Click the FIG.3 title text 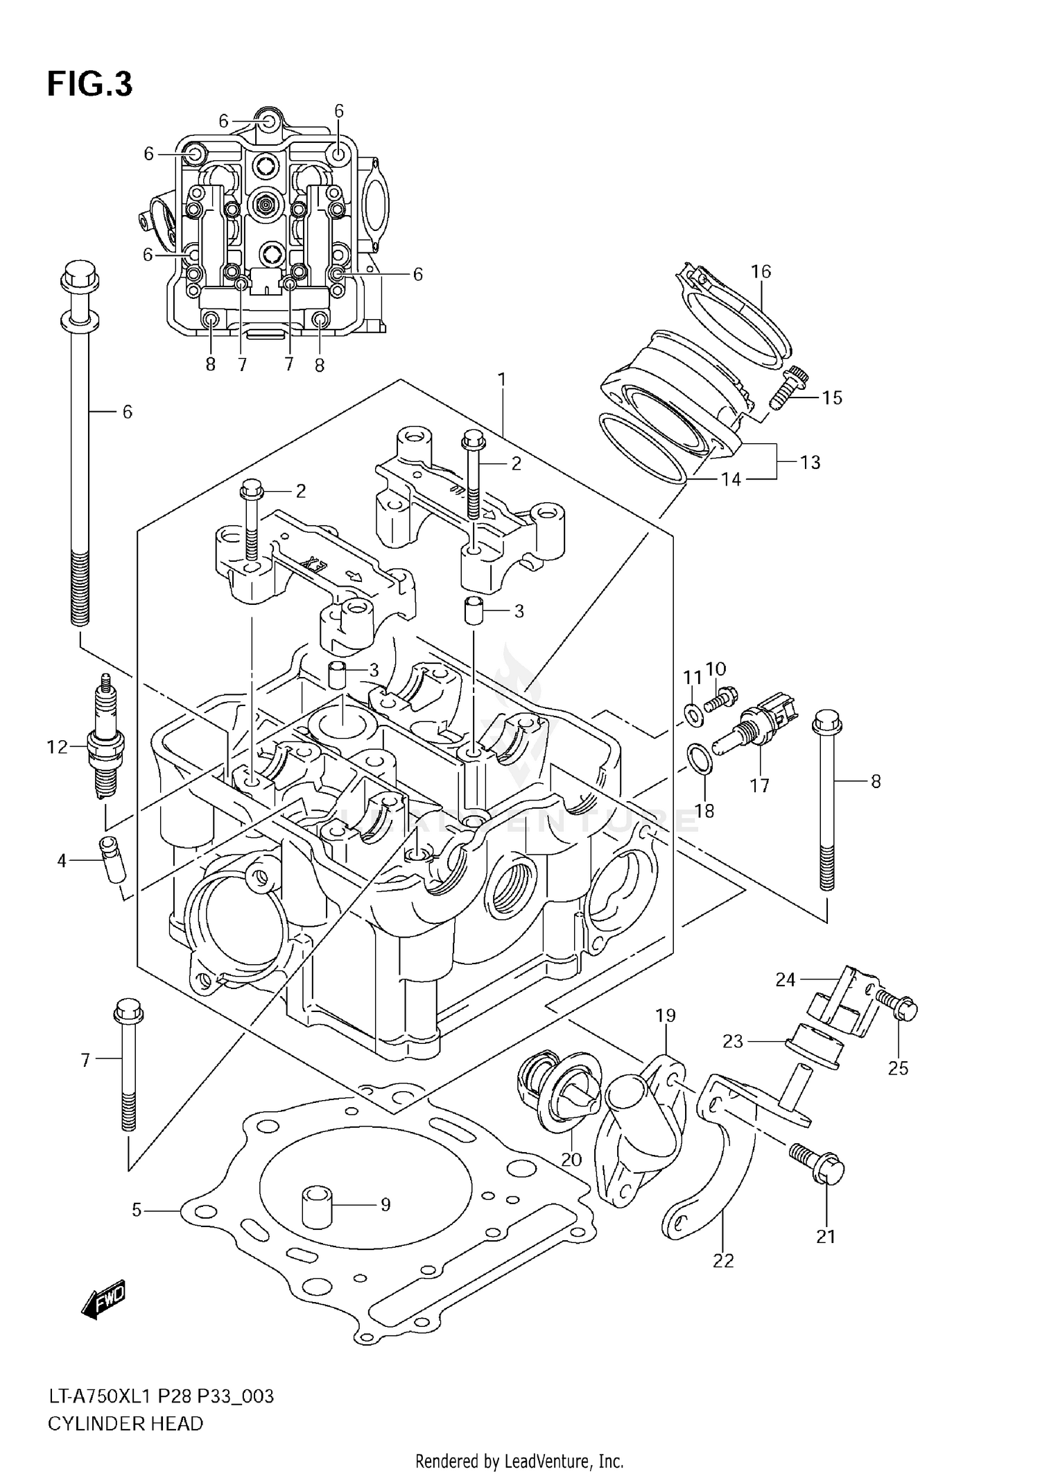(x=89, y=85)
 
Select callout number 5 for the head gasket (x=137, y=1210)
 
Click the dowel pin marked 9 (x=315, y=1206)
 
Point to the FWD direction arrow (x=103, y=1299)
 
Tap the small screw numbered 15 (x=788, y=388)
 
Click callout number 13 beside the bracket (x=810, y=462)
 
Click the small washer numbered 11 (x=692, y=714)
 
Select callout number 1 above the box (x=501, y=379)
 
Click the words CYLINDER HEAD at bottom (x=125, y=1423)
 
